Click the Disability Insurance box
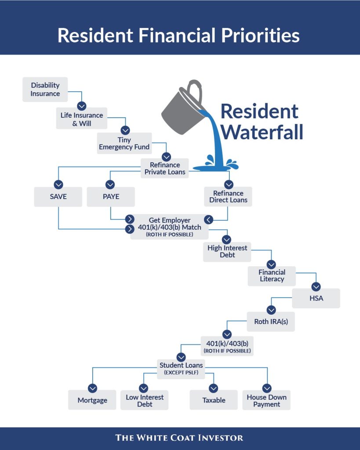pos(45,89)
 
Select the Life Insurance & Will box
pos(82,119)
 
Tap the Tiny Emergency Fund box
pos(124,143)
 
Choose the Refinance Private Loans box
pos(165,168)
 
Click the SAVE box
pos(58,196)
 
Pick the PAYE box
pos(111,196)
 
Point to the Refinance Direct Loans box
pos(228,196)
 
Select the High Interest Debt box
pos(227,251)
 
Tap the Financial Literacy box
pos(272,276)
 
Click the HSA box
pos(316,298)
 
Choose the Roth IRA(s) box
pos(271,321)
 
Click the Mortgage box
pos(92,400)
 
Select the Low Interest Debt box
pos(144,400)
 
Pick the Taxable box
pos(214,400)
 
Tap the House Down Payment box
pos(266,400)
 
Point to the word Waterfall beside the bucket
pos(262,132)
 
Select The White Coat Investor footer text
pos(179,437)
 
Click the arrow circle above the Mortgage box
pos(92,388)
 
